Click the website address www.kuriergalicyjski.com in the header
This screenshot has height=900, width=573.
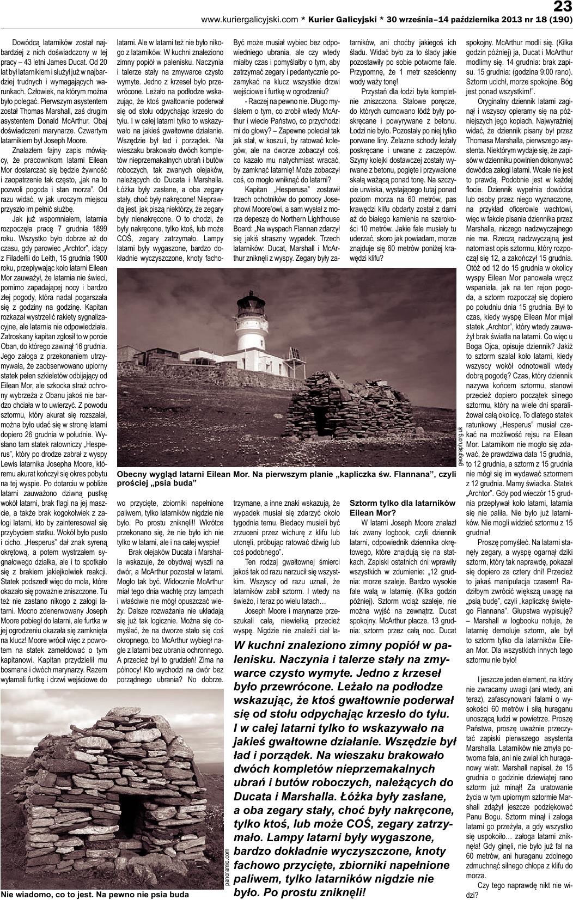[249, 20]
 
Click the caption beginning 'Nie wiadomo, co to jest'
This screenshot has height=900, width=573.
[95, 894]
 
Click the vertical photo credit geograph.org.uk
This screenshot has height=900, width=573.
[460, 446]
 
